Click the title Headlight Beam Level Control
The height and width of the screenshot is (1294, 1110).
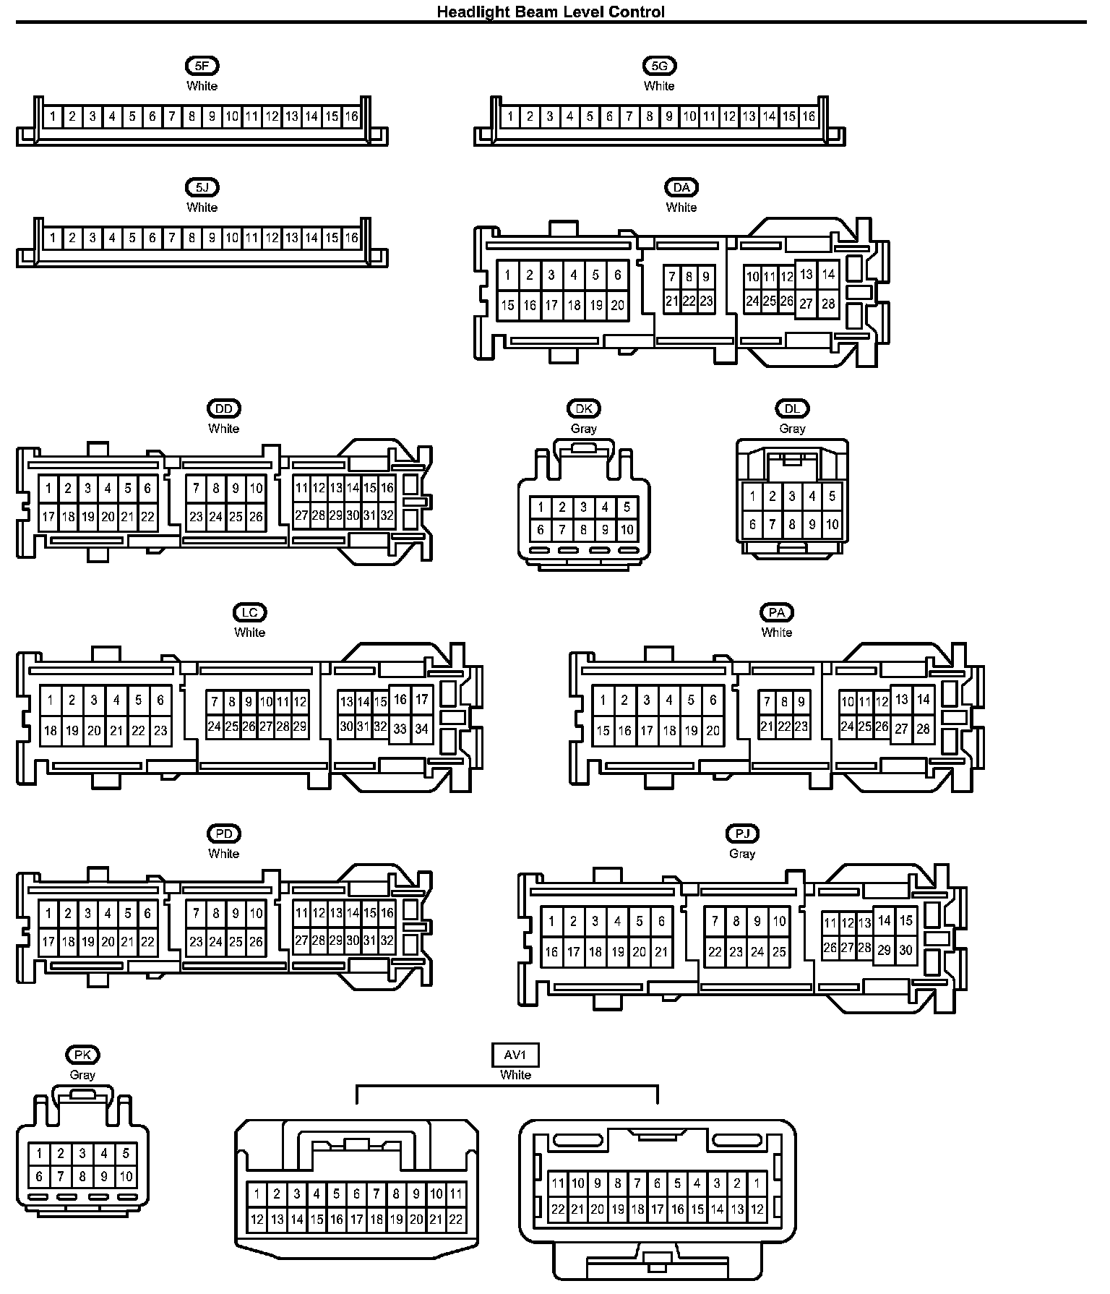click(551, 12)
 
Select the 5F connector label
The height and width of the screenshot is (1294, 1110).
click(202, 66)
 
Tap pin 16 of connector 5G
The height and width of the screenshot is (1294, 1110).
click(809, 116)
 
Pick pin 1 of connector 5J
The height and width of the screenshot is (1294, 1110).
click(53, 238)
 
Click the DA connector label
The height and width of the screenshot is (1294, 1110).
click(681, 188)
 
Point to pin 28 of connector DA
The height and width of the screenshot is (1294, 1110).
click(828, 304)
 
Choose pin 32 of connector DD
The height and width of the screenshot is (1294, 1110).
click(387, 516)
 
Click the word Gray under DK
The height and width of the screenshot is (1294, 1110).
click(584, 429)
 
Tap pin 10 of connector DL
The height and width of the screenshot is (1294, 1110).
click(832, 525)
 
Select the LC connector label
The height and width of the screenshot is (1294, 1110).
click(249, 613)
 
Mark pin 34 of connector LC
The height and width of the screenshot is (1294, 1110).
click(422, 729)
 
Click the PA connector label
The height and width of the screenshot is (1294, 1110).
click(776, 613)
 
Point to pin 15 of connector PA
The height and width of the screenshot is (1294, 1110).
click(603, 731)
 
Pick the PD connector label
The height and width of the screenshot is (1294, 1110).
click(224, 834)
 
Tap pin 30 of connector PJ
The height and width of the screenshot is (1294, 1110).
click(906, 951)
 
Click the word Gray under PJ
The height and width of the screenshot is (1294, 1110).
click(742, 854)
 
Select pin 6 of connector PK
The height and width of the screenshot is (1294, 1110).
click(39, 1177)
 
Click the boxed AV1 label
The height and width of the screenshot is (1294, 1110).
click(515, 1055)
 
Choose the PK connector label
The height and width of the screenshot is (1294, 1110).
click(82, 1055)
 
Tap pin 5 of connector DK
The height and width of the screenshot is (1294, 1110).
click(627, 507)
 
